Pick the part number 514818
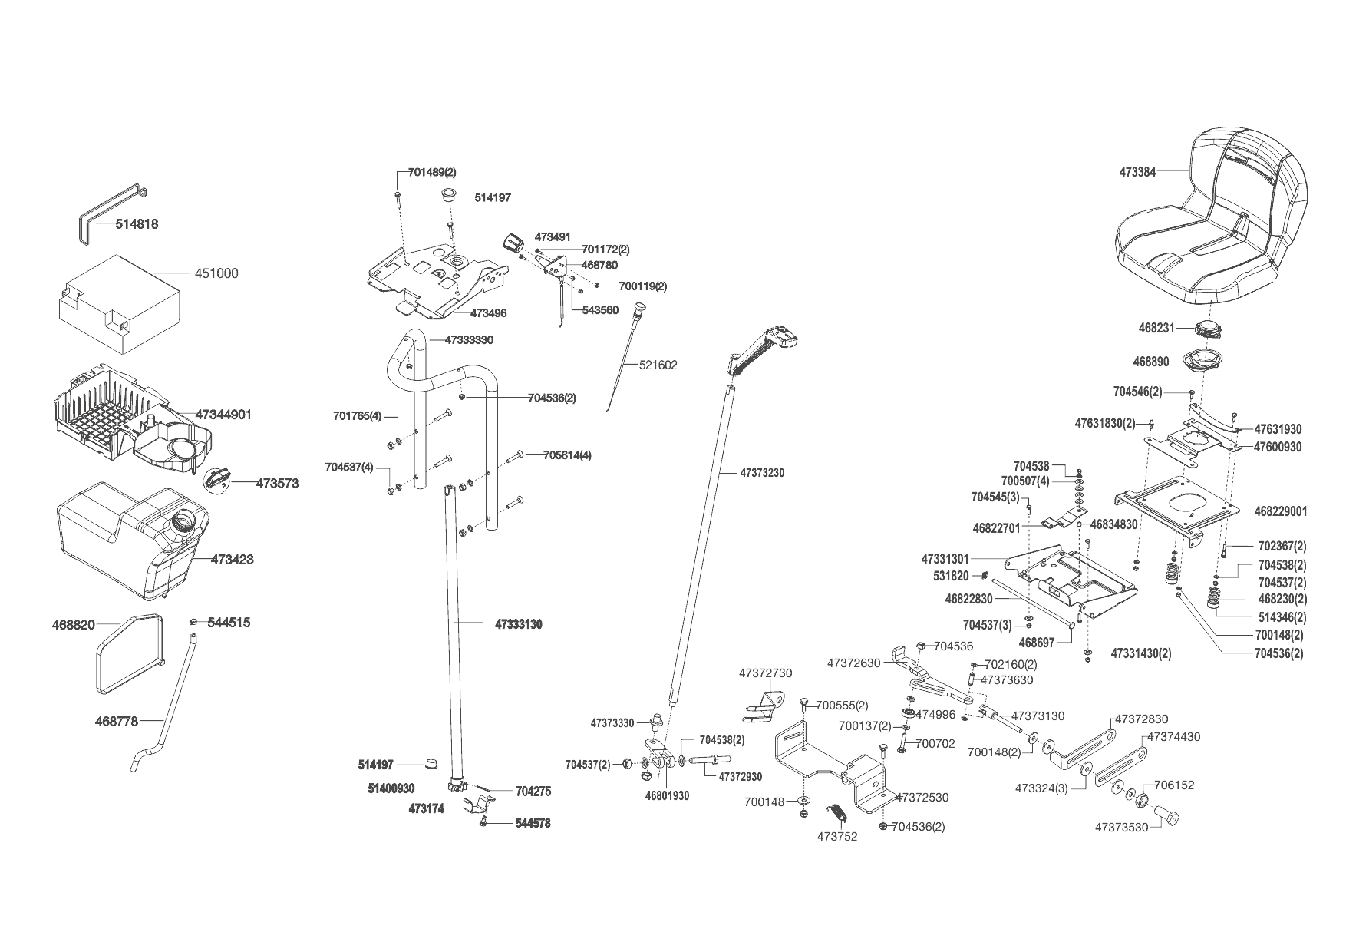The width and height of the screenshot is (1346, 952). click(137, 224)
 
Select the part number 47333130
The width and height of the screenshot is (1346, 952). click(518, 625)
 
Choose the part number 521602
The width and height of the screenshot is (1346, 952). click(658, 365)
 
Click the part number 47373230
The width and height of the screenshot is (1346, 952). click(762, 473)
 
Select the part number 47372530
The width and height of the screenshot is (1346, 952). click(922, 798)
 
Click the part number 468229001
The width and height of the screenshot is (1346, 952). click(1280, 511)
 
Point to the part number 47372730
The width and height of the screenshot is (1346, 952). click(765, 673)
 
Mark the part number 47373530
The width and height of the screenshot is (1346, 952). click(1121, 828)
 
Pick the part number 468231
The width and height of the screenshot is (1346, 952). click(1156, 328)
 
